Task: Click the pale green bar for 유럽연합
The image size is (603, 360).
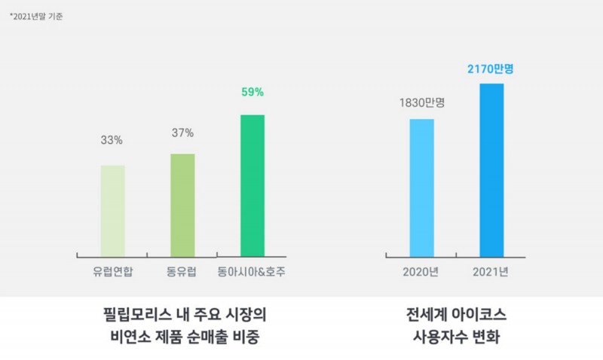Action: pyautogui.click(x=112, y=210)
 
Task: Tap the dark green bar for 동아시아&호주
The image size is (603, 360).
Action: pyautogui.click(x=253, y=185)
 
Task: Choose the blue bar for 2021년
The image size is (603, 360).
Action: pyautogui.click(x=491, y=169)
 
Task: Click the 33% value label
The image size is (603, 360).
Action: pyautogui.click(x=112, y=140)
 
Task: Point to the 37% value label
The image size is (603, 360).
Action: pyautogui.click(x=182, y=133)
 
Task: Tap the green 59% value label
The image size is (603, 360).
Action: pyautogui.click(x=253, y=93)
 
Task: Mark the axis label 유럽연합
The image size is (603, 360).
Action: pyautogui.click(x=112, y=272)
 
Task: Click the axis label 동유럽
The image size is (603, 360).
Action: pyautogui.click(x=182, y=272)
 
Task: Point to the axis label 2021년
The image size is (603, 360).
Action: pyautogui.click(x=491, y=272)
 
